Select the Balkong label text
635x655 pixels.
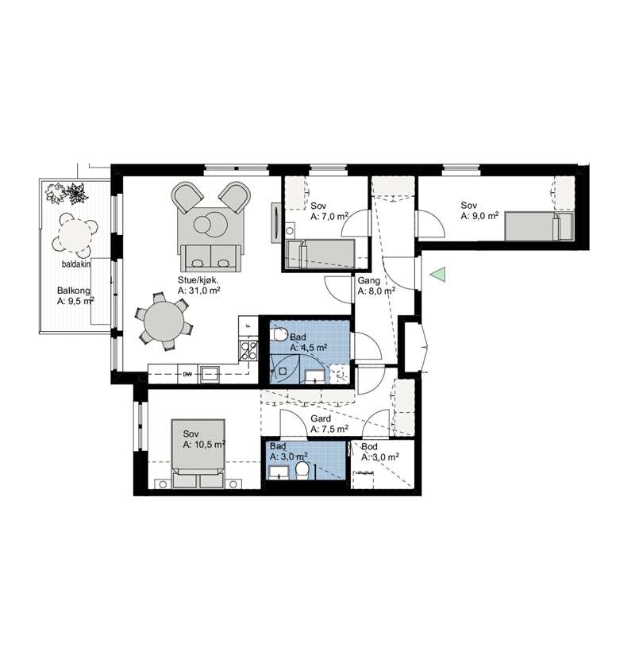tap(74, 291)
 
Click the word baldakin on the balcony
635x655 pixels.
tap(75, 264)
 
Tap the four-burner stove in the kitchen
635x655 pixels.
tap(248, 350)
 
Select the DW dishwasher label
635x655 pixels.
tap(187, 374)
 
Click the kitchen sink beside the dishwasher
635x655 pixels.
tap(210, 374)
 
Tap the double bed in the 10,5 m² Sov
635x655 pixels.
tap(198, 453)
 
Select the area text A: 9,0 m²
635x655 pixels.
tap(479, 216)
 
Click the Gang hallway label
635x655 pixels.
tap(368, 281)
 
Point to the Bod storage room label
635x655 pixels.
tap(369, 446)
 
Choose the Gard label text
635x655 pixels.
tap(321, 418)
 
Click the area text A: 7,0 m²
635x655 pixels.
tap(329, 217)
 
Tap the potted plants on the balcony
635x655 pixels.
tap(67, 194)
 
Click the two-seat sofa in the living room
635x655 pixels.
tap(210, 257)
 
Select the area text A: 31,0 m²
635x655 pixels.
tap(199, 291)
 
